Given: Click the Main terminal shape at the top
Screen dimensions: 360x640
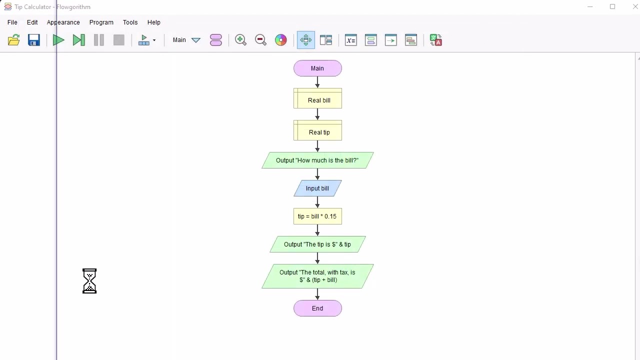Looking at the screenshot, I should click(x=317, y=68).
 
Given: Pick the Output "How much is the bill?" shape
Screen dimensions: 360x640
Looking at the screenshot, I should click(x=317, y=160).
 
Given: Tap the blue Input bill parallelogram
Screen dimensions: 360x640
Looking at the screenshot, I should click(x=317, y=188).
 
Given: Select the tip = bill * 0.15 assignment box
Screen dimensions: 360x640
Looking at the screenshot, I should click(x=317, y=216).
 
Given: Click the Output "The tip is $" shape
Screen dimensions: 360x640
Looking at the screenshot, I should click(x=317, y=244).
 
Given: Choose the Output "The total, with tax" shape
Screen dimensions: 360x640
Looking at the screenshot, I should click(x=317, y=276).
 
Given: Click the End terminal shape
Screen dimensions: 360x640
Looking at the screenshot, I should click(x=317, y=308).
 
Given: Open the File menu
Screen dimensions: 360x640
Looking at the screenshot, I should click(x=12, y=22).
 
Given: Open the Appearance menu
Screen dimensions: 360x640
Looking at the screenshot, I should click(x=63, y=22).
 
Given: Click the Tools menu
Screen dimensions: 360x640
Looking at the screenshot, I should click(x=130, y=22).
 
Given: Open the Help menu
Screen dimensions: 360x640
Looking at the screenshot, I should click(x=154, y=22).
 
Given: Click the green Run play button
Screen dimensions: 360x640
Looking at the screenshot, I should click(x=58, y=40).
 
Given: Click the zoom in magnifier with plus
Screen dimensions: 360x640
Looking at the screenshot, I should click(x=240, y=40).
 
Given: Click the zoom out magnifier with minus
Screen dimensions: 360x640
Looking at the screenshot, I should click(x=260, y=40).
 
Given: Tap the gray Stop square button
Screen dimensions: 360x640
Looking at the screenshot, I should click(x=119, y=40).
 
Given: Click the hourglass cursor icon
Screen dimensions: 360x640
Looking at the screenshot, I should click(x=89, y=281).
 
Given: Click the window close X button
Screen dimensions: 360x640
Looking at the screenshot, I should click(x=635, y=7).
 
